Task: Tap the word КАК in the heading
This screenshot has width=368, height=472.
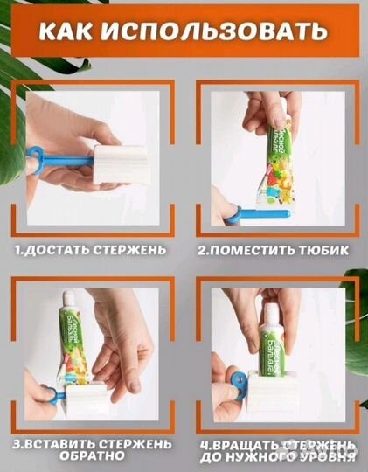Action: tap(70, 33)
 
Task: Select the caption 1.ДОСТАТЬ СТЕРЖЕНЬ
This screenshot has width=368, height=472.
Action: tap(90, 249)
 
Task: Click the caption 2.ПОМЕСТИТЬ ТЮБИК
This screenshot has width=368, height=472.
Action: tap(273, 249)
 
